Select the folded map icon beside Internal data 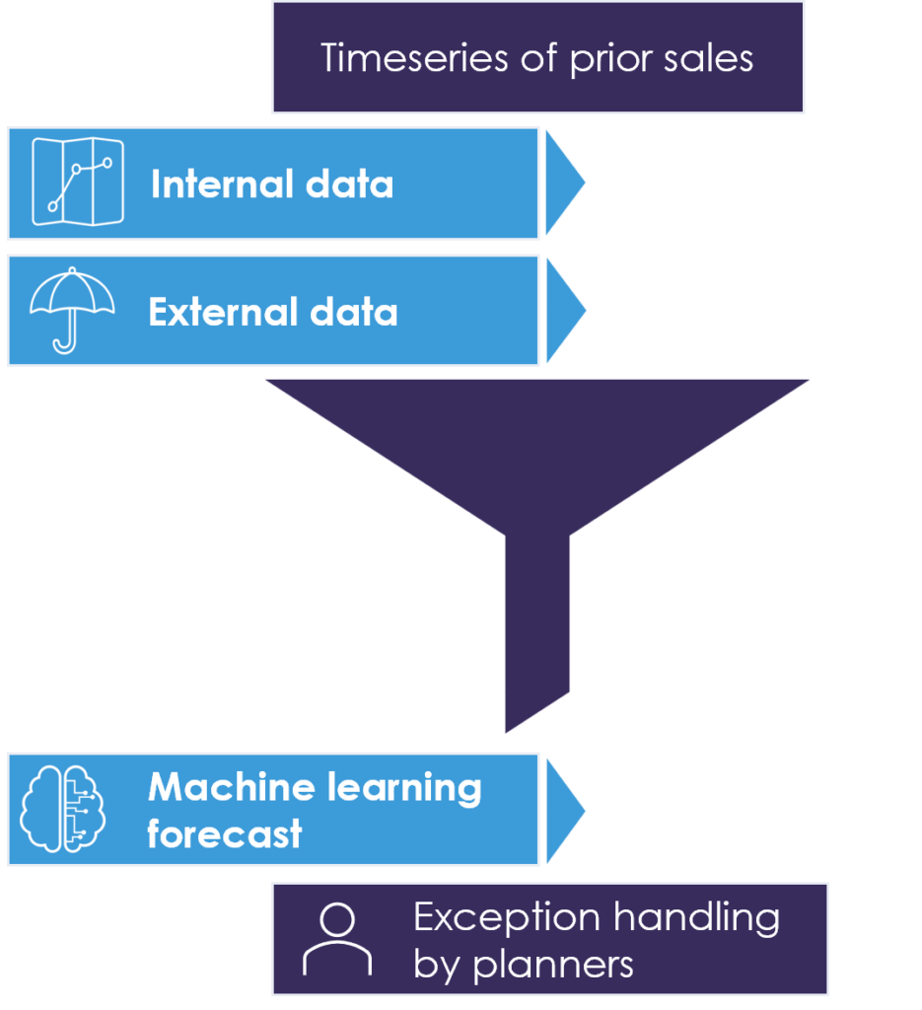click(x=78, y=181)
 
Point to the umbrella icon click(x=72, y=309)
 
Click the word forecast click(x=225, y=834)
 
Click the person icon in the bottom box click(x=337, y=939)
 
